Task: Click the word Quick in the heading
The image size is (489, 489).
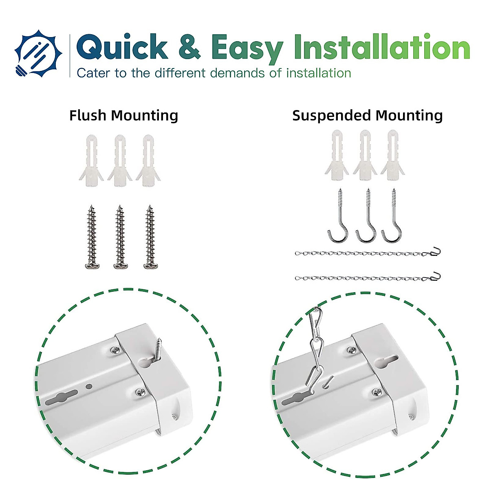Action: click(x=122, y=47)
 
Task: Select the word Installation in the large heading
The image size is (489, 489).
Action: click(x=382, y=47)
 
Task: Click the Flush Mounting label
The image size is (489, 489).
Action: click(x=123, y=116)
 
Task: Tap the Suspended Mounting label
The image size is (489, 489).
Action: click(x=367, y=116)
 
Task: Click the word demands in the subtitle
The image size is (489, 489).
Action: click(x=238, y=73)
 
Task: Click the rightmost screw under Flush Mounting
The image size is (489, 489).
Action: click(x=150, y=237)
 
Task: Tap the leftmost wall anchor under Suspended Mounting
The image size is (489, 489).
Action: click(x=337, y=156)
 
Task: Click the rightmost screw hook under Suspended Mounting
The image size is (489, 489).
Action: click(x=392, y=216)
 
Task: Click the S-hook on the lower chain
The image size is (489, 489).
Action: click(x=436, y=276)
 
